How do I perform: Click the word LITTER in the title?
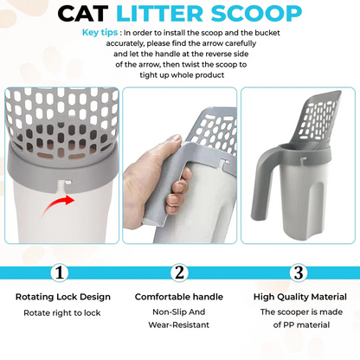pos(181,15)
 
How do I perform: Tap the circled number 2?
pos(180,272)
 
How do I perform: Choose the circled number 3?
pos(298,272)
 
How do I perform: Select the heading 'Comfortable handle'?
pos(179,297)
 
